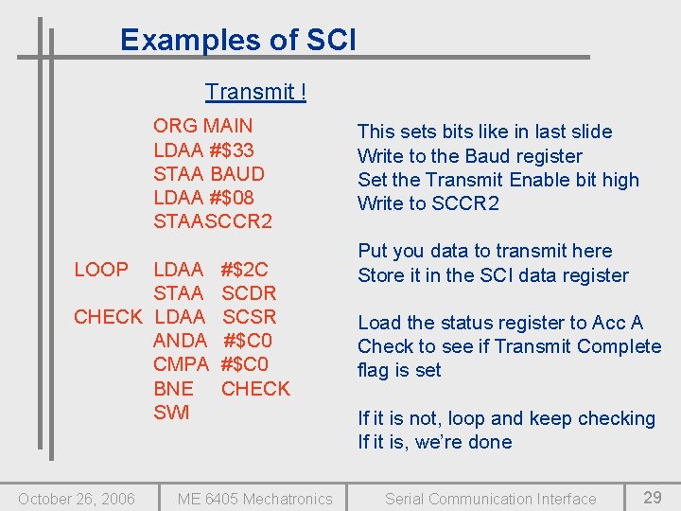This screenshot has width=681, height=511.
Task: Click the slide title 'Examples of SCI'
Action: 238,40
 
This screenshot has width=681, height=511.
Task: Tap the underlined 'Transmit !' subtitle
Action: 255,92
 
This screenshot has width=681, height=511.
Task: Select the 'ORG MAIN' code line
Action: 202,126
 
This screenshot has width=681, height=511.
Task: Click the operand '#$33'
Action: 232,150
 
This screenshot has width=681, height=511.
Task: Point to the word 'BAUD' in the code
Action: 237,173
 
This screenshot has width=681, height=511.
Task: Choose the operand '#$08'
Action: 232,197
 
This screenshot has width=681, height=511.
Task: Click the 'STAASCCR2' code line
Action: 212,221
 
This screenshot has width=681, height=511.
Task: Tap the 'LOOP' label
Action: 101,270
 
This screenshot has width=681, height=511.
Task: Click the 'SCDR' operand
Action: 248,293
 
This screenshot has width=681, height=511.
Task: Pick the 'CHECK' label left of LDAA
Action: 108,317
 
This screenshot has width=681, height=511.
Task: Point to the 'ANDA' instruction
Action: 180,341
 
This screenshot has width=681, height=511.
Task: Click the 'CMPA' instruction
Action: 181,364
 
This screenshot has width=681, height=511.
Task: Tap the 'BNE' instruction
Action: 173,388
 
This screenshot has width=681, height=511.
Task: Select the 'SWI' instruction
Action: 171,413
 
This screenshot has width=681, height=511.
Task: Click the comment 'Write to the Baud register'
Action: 469,156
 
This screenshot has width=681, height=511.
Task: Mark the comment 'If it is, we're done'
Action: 434,442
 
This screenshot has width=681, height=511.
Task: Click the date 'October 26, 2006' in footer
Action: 77,499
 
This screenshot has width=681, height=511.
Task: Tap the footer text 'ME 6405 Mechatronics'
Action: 254,499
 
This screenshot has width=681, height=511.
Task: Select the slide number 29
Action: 652,498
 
